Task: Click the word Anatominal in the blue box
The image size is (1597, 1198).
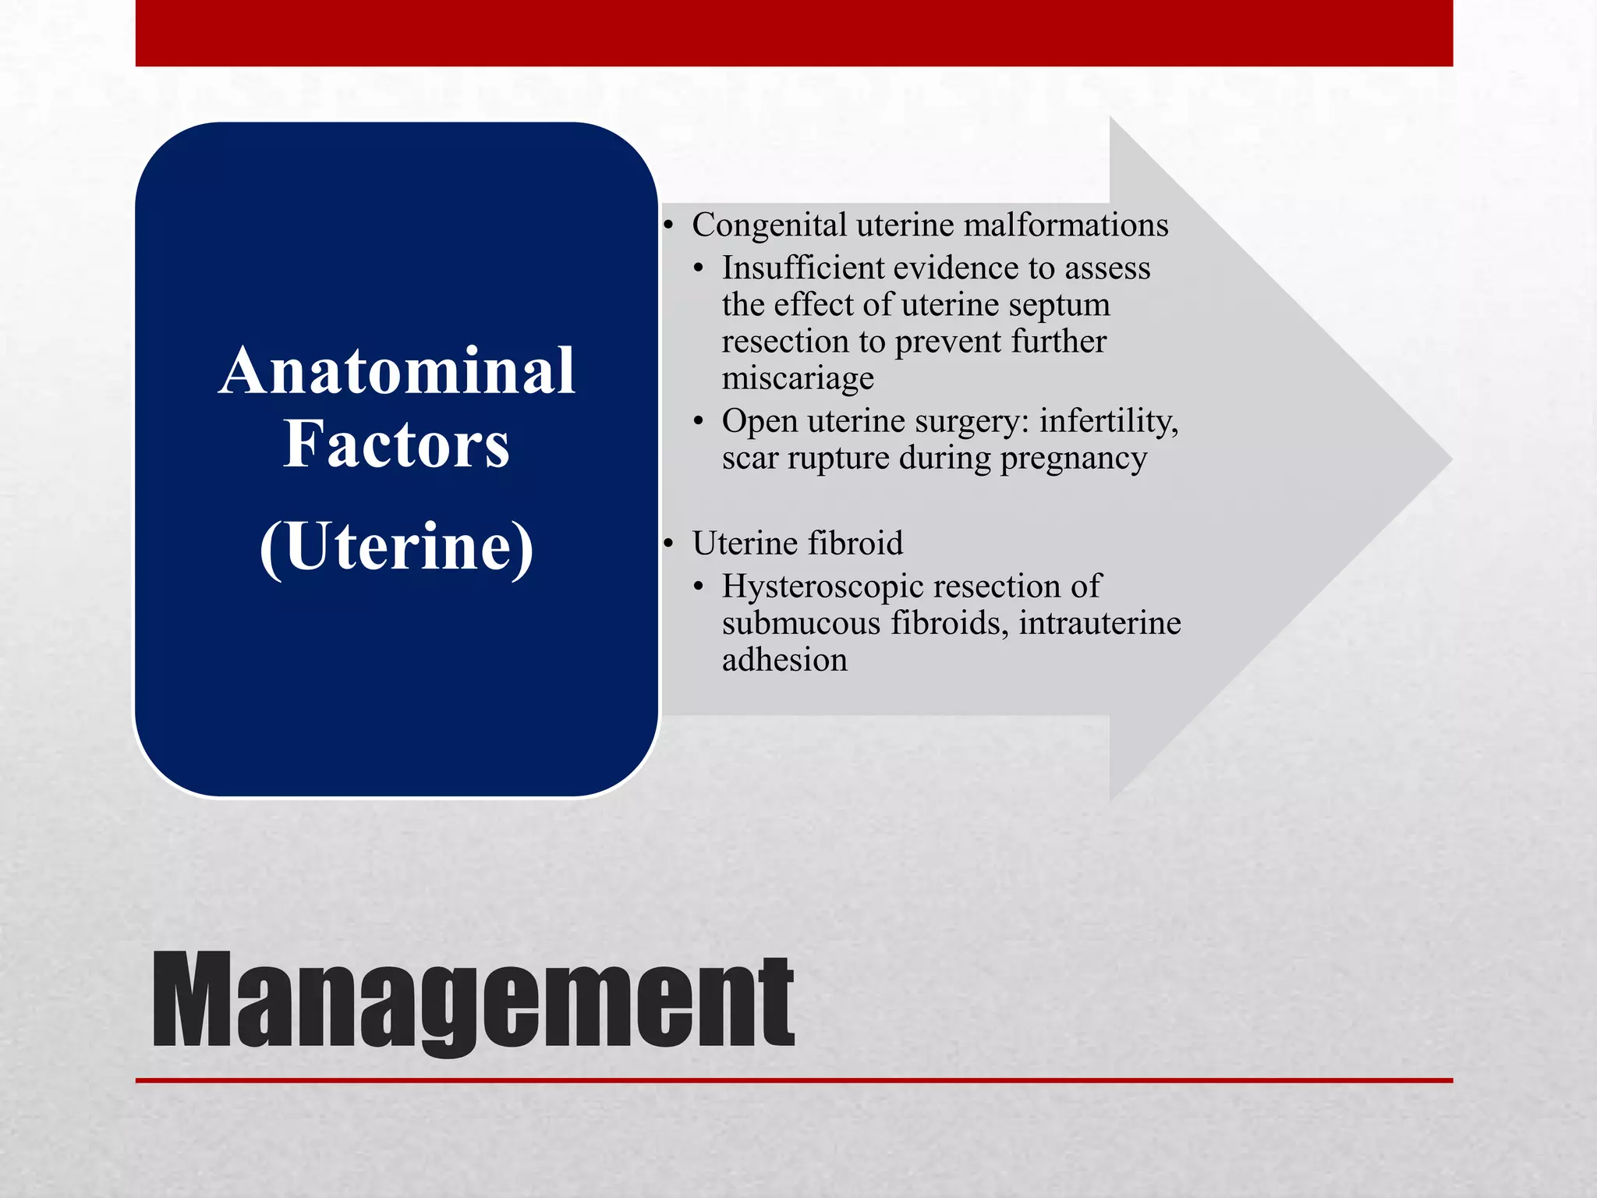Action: (x=397, y=371)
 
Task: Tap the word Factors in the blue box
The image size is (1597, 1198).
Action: (x=396, y=445)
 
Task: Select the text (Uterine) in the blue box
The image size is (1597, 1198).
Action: (x=396, y=547)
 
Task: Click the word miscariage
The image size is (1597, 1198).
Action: (x=797, y=378)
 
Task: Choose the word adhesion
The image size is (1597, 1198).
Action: (x=784, y=660)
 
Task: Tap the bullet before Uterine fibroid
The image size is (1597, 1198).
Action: (x=668, y=544)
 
